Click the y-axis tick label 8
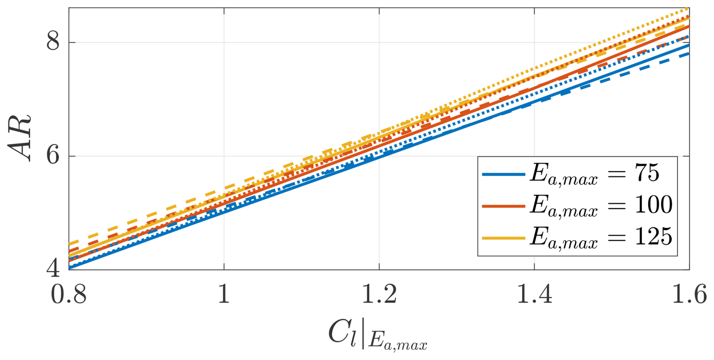tap(53, 41)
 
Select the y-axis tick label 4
tap(53, 268)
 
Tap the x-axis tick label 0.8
tap(69, 295)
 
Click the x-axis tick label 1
tap(224, 295)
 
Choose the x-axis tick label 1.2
tap(379, 295)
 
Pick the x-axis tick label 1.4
tap(534, 295)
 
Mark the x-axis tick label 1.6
tap(689, 295)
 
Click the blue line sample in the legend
tap(503, 174)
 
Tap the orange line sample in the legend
tap(503, 206)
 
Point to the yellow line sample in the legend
tap(503, 238)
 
